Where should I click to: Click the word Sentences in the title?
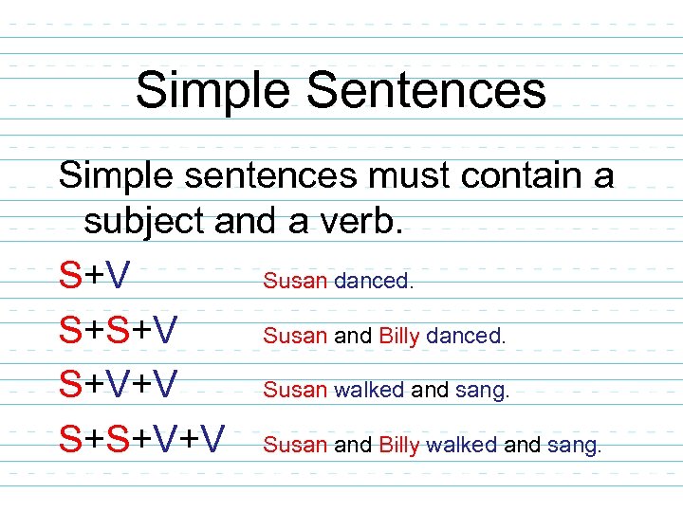(x=426, y=91)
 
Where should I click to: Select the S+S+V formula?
(x=118, y=333)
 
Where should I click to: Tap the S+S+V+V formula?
(x=142, y=439)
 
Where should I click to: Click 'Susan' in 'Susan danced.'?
(x=295, y=281)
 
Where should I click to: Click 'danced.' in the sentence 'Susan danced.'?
(x=374, y=281)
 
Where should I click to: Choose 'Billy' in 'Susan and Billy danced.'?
(x=398, y=336)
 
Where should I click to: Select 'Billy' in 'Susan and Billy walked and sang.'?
(x=398, y=445)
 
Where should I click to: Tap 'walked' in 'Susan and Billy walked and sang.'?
(x=462, y=445)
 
